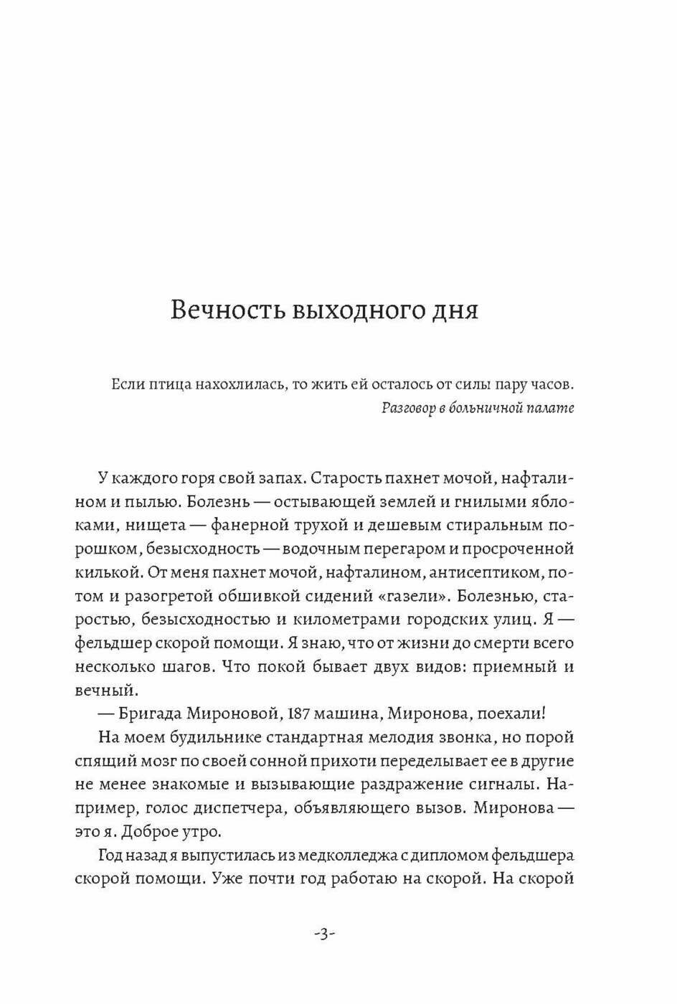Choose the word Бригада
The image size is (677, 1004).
(x=148, y=714)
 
